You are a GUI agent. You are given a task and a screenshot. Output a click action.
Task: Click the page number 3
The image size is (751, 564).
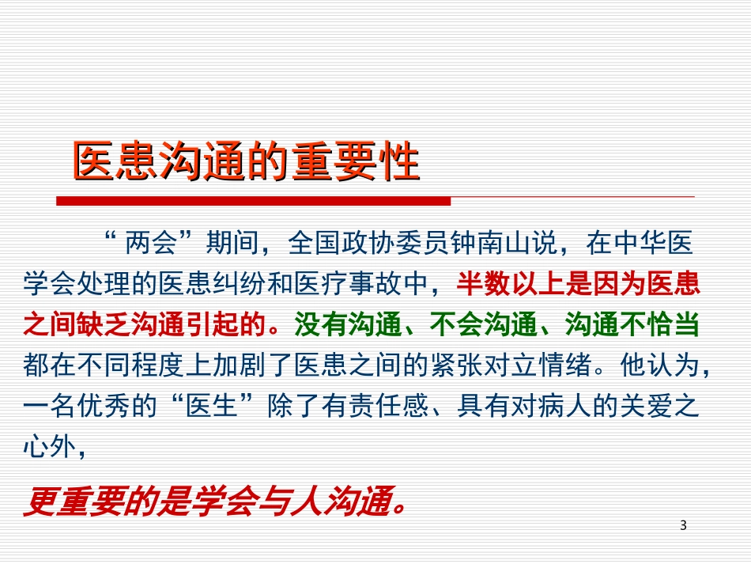point(683,525)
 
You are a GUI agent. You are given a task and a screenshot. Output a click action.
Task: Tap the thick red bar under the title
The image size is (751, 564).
point(253,201)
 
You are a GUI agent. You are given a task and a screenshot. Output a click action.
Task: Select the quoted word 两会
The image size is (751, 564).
point(147,244)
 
